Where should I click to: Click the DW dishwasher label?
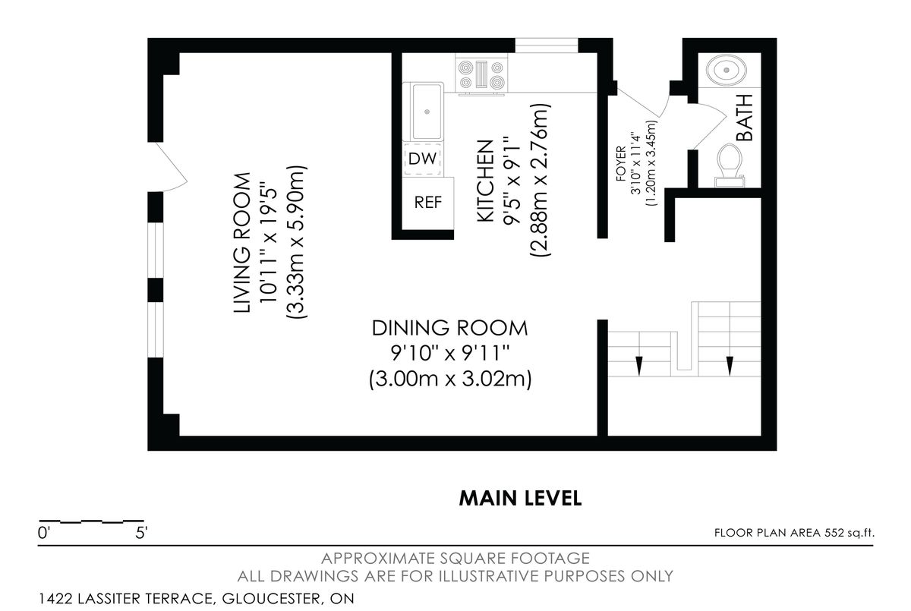coord(423,159)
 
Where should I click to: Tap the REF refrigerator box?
coord(428,203)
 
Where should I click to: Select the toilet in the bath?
coord(730,165)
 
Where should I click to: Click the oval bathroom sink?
coord(727,70)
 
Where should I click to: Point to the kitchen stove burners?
coord(481,74)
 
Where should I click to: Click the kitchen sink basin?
coord(427,112)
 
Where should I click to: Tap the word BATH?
coord(745,118)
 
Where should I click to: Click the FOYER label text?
coord(621,163)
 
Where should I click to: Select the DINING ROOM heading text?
coord(449,328)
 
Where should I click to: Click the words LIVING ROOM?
coord(241,243)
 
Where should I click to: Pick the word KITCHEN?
coord(485,181)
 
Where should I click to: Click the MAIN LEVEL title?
coord(520,499)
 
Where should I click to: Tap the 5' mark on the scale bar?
coord(141,533)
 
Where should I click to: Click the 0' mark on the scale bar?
coord(43,533)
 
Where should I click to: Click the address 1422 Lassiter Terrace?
coord(125,598)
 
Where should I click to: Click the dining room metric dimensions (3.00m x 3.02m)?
coord(450,379)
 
